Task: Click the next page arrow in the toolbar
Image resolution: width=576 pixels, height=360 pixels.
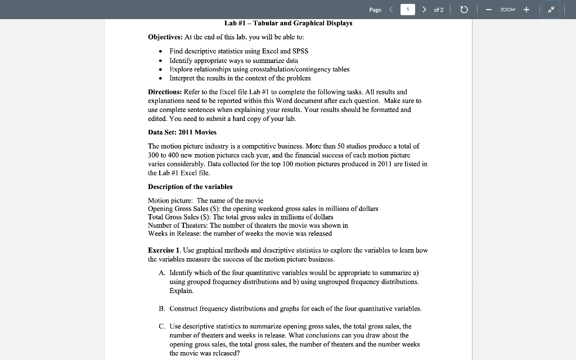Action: click(424, 10)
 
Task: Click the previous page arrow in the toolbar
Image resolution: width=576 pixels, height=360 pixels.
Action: click(390, 10)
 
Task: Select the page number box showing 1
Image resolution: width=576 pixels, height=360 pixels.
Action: click(407, 10)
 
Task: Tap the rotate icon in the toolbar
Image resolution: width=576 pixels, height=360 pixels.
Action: click(464, 10)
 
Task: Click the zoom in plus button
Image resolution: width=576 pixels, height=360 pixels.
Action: click(526, 10)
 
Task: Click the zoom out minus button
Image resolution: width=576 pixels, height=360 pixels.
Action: click(489, 10)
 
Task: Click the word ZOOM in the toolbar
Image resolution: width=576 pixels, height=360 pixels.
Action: click(507, 10)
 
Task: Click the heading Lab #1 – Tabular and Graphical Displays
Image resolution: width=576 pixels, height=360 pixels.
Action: click(288, 23)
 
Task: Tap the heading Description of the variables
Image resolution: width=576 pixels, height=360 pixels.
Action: click(190, 187)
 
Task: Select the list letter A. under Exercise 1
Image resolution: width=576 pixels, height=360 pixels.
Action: click(162, 272)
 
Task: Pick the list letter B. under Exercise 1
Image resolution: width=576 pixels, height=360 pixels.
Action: click(162, 309)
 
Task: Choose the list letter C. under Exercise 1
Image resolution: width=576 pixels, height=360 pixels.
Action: click(162, 326)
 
